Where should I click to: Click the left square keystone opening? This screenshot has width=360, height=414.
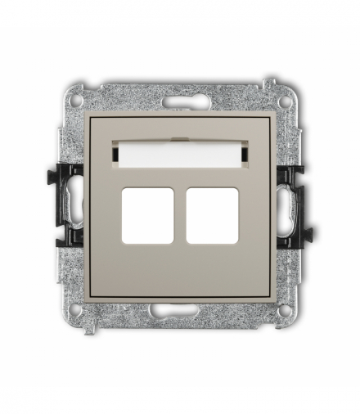[147, 215]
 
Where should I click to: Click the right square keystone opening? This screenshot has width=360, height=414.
[212, 215]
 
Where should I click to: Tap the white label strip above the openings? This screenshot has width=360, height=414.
[180, 152]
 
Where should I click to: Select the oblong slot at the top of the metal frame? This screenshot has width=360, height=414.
[179, 104]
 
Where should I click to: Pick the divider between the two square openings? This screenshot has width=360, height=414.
[180, 215]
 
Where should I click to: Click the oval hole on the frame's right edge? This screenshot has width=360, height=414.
[288, 204]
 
